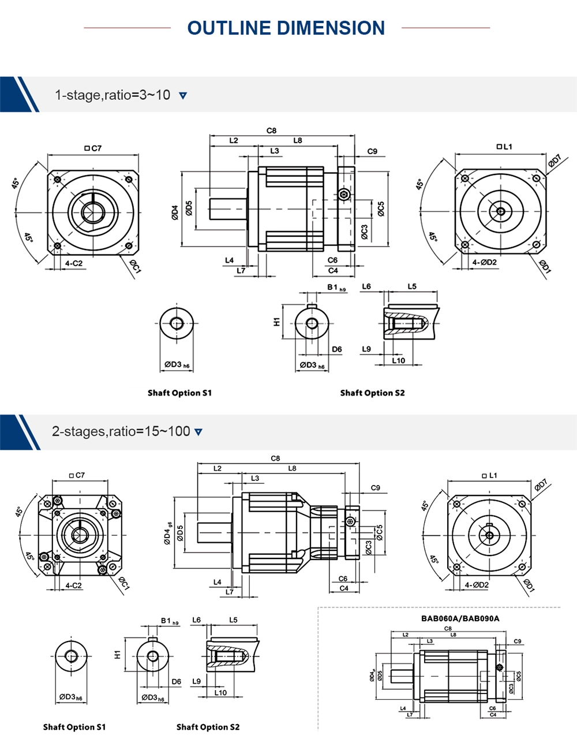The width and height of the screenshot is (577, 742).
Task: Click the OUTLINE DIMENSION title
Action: tap(286, 28)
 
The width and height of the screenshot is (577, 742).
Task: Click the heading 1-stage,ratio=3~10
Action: tap(113, 95)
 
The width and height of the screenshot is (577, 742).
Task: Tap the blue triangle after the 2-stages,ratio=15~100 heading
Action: tap(198, 432)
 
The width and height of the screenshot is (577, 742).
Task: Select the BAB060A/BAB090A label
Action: tap(460, 618)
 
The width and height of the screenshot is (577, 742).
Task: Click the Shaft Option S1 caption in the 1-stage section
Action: tap(179, 393)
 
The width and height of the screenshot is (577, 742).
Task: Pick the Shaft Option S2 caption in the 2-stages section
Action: tap(208, 727)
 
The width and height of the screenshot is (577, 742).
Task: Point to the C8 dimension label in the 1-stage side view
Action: tap(271, 130)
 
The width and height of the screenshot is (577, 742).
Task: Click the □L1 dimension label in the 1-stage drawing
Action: tap(504, 147)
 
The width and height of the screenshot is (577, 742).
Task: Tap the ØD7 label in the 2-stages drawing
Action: tap(541, 485)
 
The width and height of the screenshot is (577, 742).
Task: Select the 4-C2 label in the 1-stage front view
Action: tap(73, 263)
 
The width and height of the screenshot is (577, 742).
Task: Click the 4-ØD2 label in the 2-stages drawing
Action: tap(477, 585)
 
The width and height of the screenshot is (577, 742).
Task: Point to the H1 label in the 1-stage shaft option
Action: tap(277, 321)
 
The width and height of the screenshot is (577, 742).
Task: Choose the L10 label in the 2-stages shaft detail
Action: tap(220, 692)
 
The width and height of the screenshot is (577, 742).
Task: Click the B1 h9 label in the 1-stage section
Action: tap(336, 287)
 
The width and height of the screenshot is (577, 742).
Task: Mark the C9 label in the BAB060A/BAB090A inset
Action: tap(518, 642)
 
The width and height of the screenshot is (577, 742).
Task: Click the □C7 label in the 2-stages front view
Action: tap(76, 475)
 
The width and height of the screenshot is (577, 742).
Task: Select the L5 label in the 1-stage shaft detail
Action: tap(412, 286)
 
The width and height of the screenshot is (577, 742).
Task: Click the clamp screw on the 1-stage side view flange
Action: tap(344, 195)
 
